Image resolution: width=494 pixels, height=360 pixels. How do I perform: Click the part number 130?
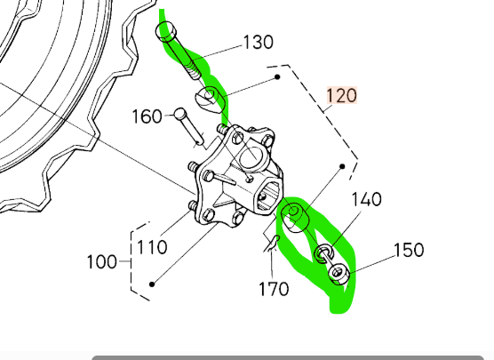pyautogui.click(x=259, y=43)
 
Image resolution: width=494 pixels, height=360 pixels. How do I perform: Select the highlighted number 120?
pyautogui.click(x=342, y=95)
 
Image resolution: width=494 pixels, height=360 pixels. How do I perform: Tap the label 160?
pyautogui.click(x=147, y=116)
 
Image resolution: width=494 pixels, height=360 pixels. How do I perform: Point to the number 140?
pyautogui.click(x=366, y=199)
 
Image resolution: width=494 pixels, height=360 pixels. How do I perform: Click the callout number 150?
pyautogui.click(x=409, y=250)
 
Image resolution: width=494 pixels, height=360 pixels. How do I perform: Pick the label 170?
pyautogui.click(x=274, y=289)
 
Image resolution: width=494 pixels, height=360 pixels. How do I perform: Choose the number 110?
pyautogui.click(x=152, y=247)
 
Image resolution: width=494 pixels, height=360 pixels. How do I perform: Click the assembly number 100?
pyautogui.click(x=102, y=262)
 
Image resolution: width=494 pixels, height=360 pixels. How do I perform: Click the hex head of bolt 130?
pyautogui.click(x=166, y=31)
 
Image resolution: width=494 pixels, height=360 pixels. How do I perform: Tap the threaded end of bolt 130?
pyautogui.click(x=193, y=71)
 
